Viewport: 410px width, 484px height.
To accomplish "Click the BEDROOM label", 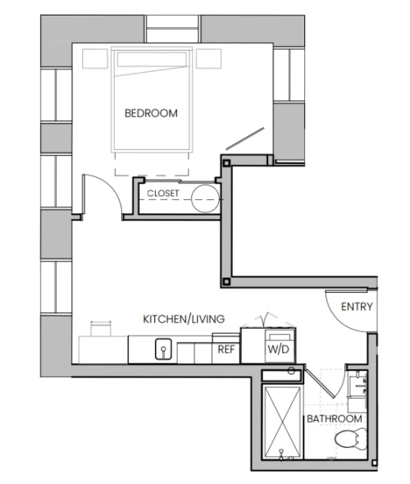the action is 151,113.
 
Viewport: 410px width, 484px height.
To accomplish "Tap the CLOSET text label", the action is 163,194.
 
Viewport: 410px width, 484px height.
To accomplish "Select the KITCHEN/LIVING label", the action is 184,319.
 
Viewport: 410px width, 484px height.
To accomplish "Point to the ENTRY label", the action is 357,307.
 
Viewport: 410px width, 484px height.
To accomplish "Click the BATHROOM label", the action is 335,419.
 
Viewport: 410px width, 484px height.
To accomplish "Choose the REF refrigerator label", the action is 226,349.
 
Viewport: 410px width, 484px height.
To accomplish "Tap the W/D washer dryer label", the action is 278,349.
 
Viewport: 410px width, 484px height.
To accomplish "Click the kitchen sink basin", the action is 163,349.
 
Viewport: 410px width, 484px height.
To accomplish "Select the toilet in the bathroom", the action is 351,439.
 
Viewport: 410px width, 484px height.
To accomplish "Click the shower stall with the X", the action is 283,422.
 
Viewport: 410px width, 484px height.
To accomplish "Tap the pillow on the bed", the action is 152,60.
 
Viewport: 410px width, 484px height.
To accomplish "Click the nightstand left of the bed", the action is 95,58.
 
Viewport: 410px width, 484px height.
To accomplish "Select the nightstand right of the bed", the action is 208,58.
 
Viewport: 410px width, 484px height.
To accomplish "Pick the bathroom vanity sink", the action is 358,385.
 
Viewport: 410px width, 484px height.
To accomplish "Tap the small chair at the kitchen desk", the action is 101,329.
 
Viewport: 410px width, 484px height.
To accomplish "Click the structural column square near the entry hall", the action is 226,282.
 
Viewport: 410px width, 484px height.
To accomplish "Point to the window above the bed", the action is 172,29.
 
